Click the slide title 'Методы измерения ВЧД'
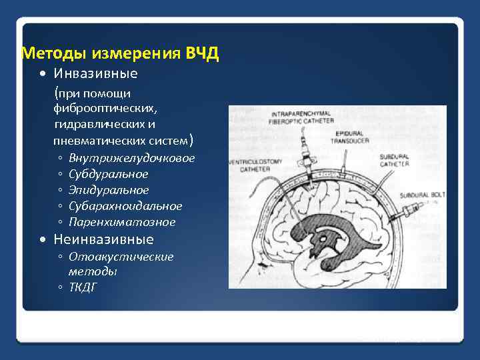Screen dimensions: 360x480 120,53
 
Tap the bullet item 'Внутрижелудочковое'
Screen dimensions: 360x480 131,158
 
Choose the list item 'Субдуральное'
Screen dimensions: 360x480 108,174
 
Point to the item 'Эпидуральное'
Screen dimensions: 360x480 109,190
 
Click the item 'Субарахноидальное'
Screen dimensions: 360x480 125,206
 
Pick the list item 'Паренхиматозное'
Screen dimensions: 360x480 122,222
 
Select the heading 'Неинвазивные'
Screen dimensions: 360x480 103,239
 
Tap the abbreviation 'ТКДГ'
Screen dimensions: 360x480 83,287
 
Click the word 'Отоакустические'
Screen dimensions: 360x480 121,257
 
